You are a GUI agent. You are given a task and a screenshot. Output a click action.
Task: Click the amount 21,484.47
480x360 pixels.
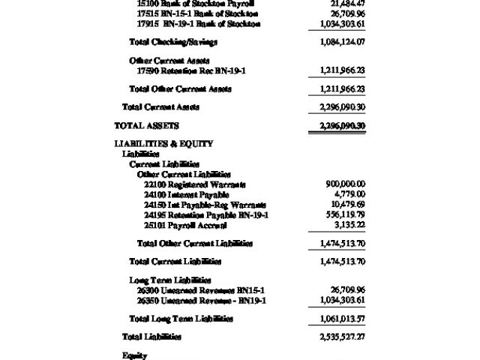coord(347,4)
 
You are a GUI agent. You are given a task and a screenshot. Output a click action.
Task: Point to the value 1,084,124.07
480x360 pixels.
coord(342,41)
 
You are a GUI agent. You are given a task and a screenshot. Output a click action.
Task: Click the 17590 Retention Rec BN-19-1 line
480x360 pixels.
coord(191,70)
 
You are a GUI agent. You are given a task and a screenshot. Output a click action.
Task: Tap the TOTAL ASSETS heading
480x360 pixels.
coord(146,125)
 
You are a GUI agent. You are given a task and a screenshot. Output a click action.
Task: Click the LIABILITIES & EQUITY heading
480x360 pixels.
coord(163,143)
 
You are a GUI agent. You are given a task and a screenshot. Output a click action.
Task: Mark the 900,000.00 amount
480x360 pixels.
coord(346,184)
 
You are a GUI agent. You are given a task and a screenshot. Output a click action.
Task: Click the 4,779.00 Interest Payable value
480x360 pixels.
coord(349,194)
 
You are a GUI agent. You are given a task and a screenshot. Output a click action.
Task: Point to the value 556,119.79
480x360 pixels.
coord(346,215)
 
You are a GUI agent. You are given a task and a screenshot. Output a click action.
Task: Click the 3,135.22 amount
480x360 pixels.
coord(349,225)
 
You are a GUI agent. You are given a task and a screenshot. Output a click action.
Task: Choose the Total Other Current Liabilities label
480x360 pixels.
coord(195,243)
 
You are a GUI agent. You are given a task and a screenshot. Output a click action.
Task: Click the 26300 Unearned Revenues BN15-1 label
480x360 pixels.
coord(201,290)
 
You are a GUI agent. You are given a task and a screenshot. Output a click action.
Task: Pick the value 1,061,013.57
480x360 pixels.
coord(342,319)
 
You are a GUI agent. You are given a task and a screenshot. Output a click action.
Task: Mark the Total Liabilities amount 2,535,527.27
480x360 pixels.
coord(342,337)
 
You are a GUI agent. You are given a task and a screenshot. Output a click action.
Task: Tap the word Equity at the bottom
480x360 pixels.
coord(134,355)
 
